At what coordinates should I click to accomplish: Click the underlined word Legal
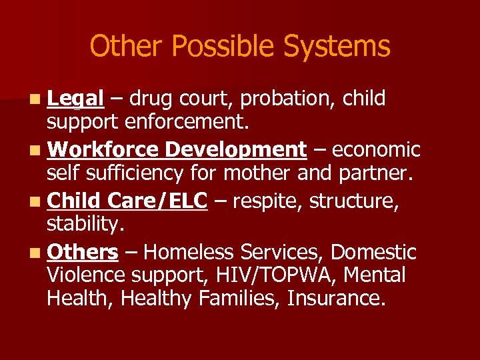(75, 99)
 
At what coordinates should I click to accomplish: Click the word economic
(376, 150)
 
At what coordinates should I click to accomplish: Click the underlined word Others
(83, 252)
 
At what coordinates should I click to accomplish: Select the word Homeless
(188, 252)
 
